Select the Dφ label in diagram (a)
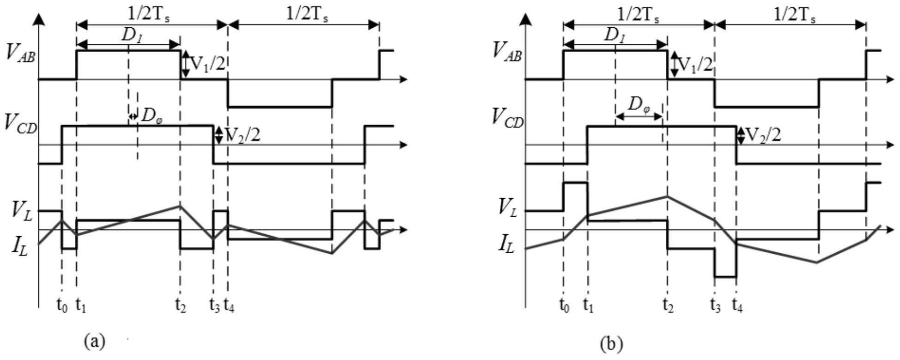coord(150,116)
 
